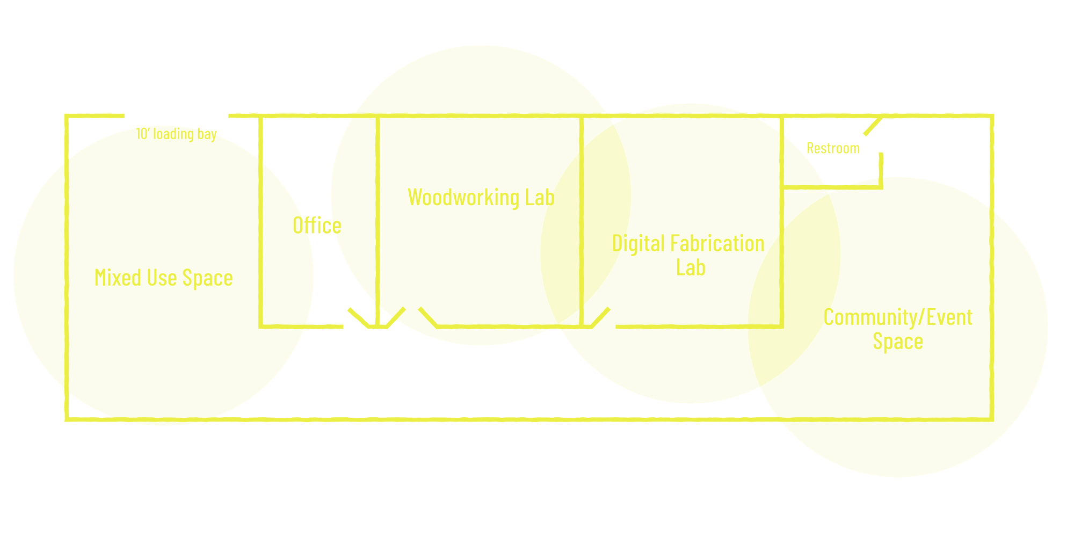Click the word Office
point(317,226)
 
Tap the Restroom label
point(833,148)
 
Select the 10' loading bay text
point(177,134)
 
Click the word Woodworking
point(463,198)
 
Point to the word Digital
point(638,244)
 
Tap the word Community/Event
point(898,317)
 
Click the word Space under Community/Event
point(898,342)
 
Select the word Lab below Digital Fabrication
point(691,267)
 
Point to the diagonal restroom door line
point(872,127)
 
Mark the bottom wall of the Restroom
point(832,187)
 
